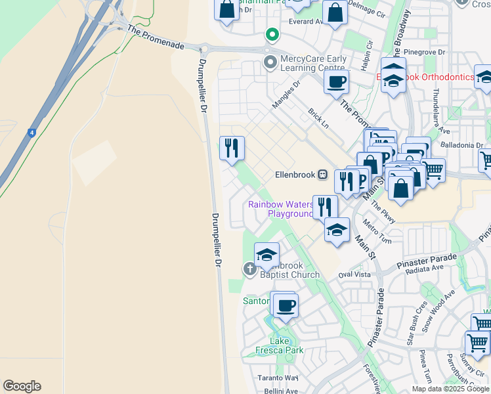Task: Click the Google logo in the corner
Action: click(22, 386)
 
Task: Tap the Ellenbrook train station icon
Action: click(322, 175)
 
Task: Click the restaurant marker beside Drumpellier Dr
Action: click(232, 148)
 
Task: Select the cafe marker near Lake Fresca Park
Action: click(286, 305)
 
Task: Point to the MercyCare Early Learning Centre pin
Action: click(270, 63)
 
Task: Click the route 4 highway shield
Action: click(31, 133)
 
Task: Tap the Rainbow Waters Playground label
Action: click(281, 209)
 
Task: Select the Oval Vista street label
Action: click(354, 274)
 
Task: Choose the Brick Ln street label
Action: click(318, 114)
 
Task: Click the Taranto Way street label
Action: click(277, 378)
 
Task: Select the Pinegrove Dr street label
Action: click(425, 51)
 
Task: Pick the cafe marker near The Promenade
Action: click(336, 81)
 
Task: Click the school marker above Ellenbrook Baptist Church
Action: click(267, 255)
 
